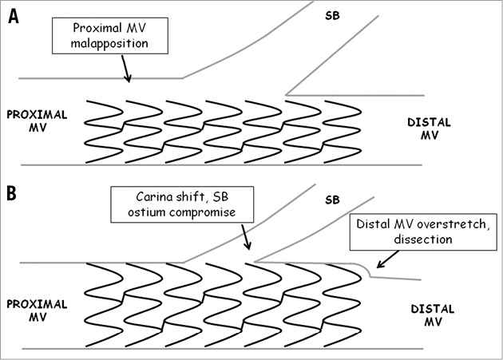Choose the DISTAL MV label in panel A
tap(429, 129)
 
